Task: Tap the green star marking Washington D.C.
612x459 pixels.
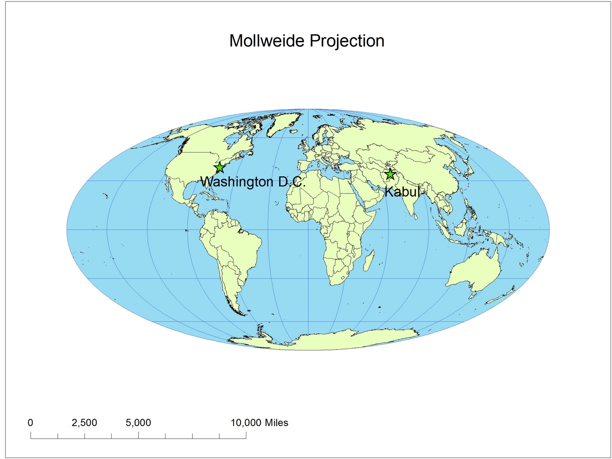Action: [219, 168]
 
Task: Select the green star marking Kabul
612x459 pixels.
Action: [390, 174]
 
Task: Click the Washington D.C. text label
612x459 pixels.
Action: [253, 182]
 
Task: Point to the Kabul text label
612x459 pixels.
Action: [402, 192]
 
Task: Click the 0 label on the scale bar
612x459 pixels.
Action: [30, 423]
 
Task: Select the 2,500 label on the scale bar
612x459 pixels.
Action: [84, 423]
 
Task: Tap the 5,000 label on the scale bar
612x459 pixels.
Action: [138, 423]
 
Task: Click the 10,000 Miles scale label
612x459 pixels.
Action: [259, 423]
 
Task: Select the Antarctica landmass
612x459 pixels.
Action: [325, 340]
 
